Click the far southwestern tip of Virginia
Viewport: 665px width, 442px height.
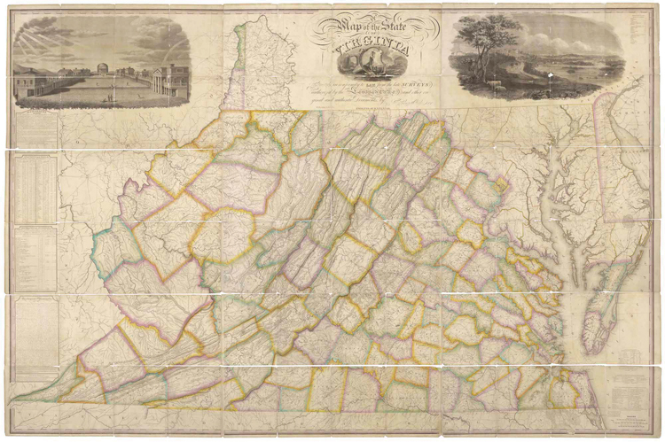click(x=18, y=398)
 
